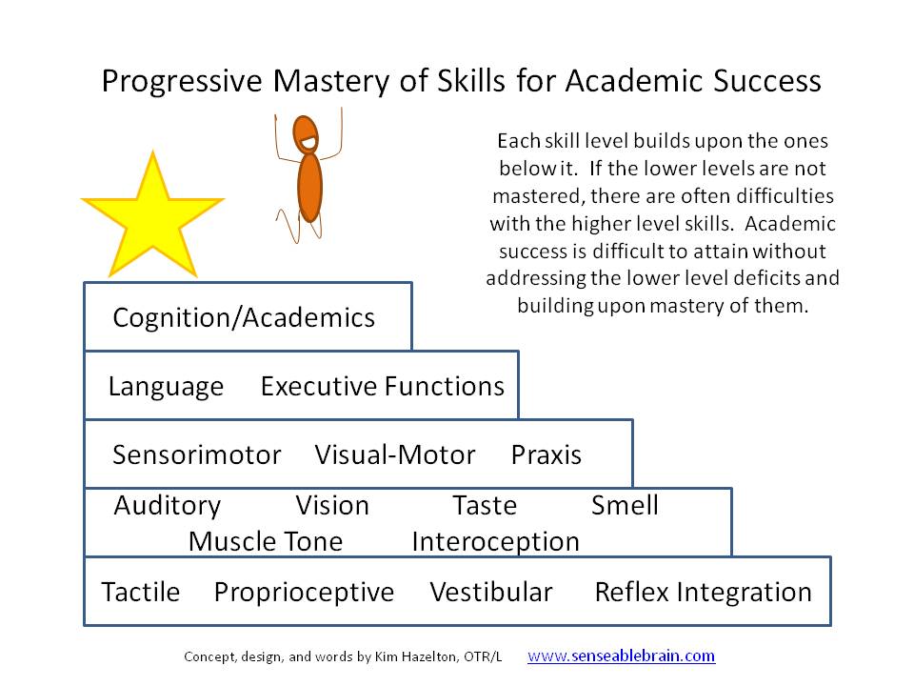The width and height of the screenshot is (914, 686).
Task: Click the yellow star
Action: [152, 216]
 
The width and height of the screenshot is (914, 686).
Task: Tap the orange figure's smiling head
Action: [307, 135]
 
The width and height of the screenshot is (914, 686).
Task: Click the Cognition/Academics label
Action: [244, 317]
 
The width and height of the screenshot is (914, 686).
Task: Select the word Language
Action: [166, 386]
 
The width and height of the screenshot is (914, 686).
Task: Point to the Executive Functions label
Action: [382, 386]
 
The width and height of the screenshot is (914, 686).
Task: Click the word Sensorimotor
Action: [197, 454]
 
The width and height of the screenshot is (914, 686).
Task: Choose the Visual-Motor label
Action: [394, 454]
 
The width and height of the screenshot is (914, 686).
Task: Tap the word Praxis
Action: [546, 454]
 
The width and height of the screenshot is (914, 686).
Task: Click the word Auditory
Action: [167, 505]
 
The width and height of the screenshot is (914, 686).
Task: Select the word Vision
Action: [331, 505]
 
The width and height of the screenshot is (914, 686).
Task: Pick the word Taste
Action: [484, 505]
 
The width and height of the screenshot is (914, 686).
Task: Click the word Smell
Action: [625, 505]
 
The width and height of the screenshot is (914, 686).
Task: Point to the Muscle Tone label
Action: [265, 541]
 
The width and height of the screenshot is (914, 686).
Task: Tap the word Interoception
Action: [495, 541]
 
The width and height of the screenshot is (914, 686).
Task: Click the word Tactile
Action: [140, 592]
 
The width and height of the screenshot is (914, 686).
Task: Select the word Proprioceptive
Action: [304, 592]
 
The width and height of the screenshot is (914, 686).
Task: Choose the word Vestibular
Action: [490, 592]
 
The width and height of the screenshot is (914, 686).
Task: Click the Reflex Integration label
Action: [703, 592]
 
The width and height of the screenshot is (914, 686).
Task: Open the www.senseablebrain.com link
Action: [621, 656]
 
